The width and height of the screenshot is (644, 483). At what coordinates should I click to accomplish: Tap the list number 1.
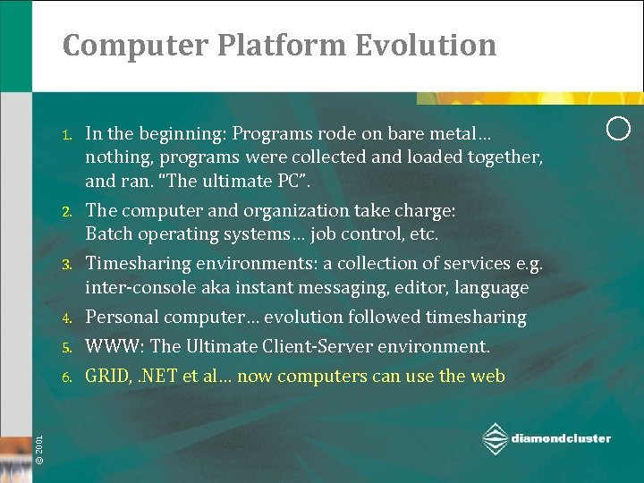point(66,136)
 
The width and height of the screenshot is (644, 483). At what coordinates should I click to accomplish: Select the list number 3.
point(66,265)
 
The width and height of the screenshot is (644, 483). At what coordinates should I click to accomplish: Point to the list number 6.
point(66,377)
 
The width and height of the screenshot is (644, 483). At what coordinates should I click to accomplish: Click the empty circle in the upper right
point(618,128)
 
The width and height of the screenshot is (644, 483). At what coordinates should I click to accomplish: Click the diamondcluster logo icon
point(495,439)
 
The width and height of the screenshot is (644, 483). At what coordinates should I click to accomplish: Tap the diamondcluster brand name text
point(561,438)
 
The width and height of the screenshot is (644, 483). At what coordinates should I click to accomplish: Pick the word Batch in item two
point(106,234)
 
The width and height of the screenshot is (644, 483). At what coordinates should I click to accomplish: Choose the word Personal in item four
point(120,318)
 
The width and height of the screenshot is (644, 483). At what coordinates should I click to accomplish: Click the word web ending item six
point(487,377)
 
